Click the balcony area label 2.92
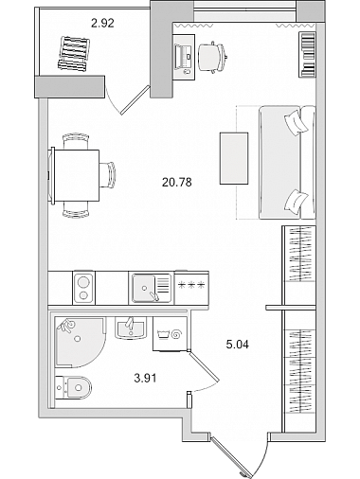coord(102,23)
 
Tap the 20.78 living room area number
coord(177,182)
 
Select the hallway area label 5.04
coord(238,345)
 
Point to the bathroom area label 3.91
coord(145,378)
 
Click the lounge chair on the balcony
coord(74,53)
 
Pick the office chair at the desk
coord(212,58)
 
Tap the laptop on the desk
coord(184,56)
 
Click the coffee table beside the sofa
coord(234,158)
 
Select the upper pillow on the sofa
coord(296,123)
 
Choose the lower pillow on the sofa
coord(296,202)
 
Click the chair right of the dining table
coord(108,175)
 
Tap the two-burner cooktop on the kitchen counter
coord(83,289)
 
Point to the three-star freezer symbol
coord(191,285)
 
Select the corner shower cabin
coord(80,342)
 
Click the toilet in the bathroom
coord(73,387)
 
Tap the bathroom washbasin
coord(131,328)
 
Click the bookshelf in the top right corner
coord(307,55)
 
